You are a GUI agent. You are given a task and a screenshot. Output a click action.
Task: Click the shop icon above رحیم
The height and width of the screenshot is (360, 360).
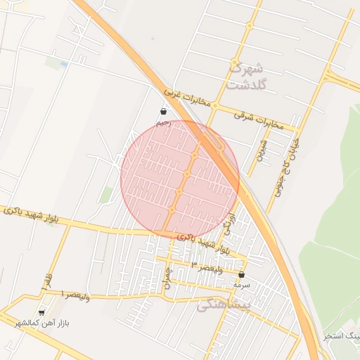click(163, 111)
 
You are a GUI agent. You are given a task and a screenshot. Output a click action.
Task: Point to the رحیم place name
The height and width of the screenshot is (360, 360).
click(163, 122)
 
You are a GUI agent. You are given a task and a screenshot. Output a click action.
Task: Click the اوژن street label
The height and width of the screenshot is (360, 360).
click(227, 224)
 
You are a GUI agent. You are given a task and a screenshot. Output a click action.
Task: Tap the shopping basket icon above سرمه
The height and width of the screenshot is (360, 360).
click(242, 274)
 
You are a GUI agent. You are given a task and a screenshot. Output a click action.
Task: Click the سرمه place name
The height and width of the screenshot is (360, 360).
click(242, 285)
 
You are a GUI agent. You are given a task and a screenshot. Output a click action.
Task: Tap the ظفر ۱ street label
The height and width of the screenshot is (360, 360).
click(48, 279)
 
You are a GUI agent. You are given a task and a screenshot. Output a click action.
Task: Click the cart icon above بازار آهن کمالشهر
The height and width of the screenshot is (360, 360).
click(41, 312)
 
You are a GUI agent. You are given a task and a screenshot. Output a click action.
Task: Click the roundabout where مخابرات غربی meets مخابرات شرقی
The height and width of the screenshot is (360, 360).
click(216, 106)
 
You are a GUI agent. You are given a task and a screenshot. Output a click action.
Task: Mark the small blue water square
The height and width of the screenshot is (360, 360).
click(64, 64)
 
